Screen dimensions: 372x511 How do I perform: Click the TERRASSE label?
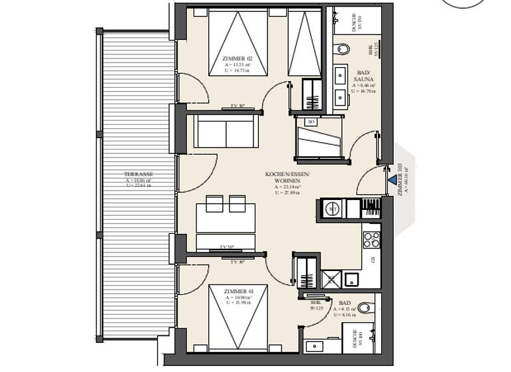pos(138,174)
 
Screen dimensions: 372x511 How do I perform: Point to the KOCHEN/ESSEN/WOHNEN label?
pos(287,177)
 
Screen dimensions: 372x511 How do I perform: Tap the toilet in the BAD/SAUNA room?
pos(343,48)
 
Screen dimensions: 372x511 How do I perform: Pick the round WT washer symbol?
pos(333,209)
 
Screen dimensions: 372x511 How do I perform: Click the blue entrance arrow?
pos(391,177)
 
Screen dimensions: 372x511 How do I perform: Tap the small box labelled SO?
pos(311,122)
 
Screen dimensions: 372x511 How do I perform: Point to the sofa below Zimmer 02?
pos(226,132)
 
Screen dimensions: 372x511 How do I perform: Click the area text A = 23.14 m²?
pos(287,187)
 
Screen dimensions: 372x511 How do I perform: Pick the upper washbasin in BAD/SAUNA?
pos(341,73)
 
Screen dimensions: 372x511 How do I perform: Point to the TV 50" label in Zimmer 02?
pos(238,106)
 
